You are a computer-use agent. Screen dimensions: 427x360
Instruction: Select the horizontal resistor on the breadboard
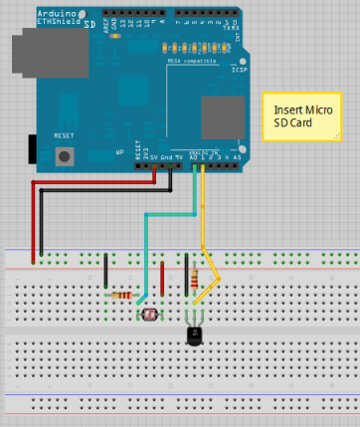coord(122,296)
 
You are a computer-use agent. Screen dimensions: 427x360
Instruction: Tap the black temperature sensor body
coord(196,335)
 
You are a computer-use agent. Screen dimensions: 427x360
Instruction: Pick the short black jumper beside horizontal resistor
coord(106,271)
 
